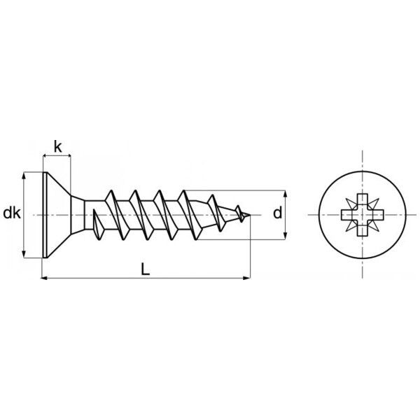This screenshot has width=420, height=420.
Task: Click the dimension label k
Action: point(58,147)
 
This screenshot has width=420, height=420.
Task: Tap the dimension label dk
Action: point(12,213)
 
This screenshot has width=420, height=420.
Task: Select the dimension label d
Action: point(277,213)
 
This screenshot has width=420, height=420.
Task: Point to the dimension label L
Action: point(145,269)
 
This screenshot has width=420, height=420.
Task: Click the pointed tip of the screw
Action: point(250,215)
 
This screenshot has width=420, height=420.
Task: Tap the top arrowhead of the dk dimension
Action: point(24,176)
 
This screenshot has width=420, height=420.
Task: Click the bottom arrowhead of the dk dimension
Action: point(24,254)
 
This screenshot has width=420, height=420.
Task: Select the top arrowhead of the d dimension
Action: point(286,194)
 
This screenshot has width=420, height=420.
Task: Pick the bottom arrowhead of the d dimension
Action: point(286,236)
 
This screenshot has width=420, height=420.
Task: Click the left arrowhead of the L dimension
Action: point(45,278)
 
